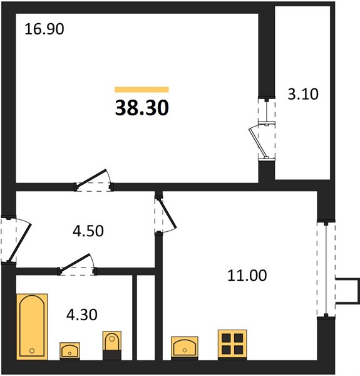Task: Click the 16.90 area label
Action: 44,29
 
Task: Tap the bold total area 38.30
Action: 142,108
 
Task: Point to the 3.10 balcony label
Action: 303,94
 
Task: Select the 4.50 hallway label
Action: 88,231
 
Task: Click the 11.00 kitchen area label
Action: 247,275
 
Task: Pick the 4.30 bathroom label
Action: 82,315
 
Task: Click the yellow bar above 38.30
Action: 141,90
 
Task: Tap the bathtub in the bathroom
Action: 32,326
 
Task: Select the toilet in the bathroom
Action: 112,345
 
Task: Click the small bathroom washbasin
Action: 69,351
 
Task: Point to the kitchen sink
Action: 185,348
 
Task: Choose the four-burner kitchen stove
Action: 232,345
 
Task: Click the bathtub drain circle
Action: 32,351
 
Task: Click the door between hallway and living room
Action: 93,180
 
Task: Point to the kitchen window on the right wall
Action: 326,269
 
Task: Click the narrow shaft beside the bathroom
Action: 146,318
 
